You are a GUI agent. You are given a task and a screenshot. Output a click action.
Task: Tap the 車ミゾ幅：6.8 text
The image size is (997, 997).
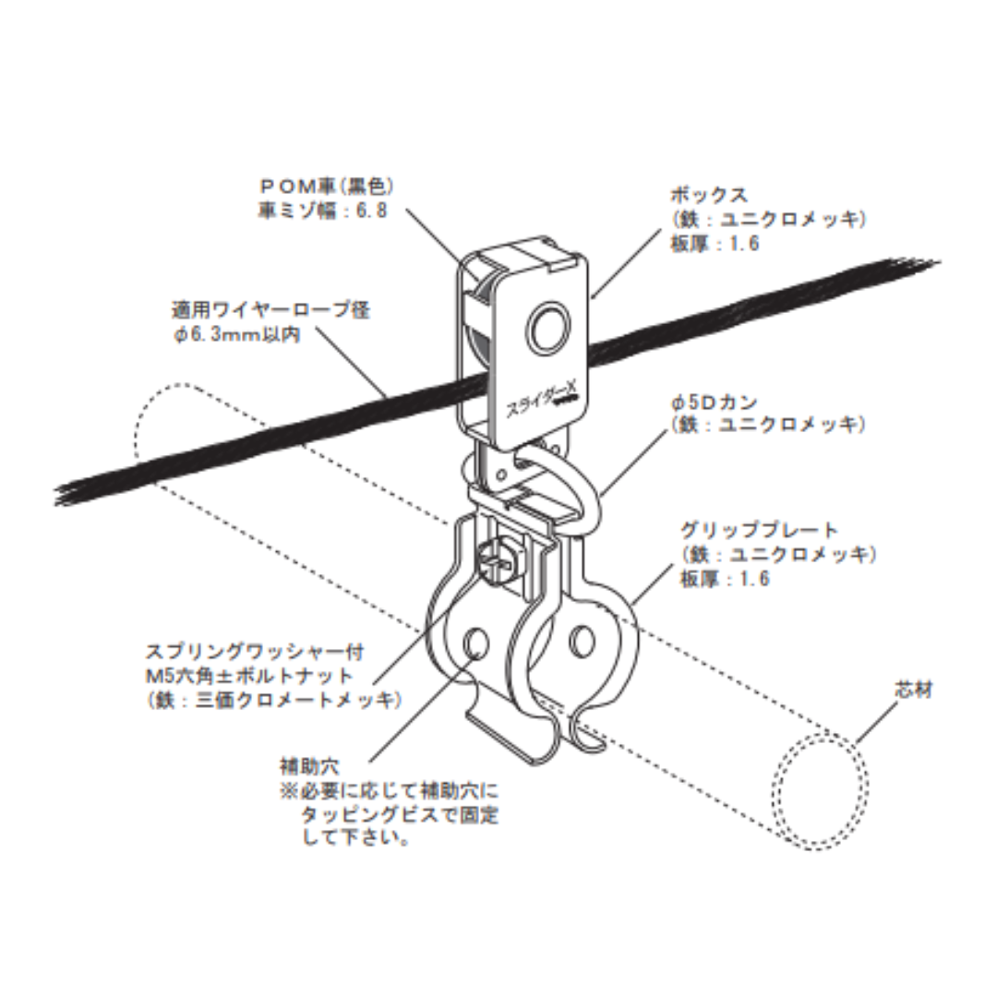click(x=321, y=210)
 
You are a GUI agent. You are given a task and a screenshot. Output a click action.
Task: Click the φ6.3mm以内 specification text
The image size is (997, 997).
click(x=236, y=334)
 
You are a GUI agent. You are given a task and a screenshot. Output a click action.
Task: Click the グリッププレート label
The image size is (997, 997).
click(x=759, y=530)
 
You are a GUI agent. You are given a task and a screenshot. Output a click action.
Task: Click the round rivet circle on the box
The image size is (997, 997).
click(x=549, y=328)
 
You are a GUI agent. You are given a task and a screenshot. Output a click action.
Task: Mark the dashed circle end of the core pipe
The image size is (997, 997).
click(x=820, y=789)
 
